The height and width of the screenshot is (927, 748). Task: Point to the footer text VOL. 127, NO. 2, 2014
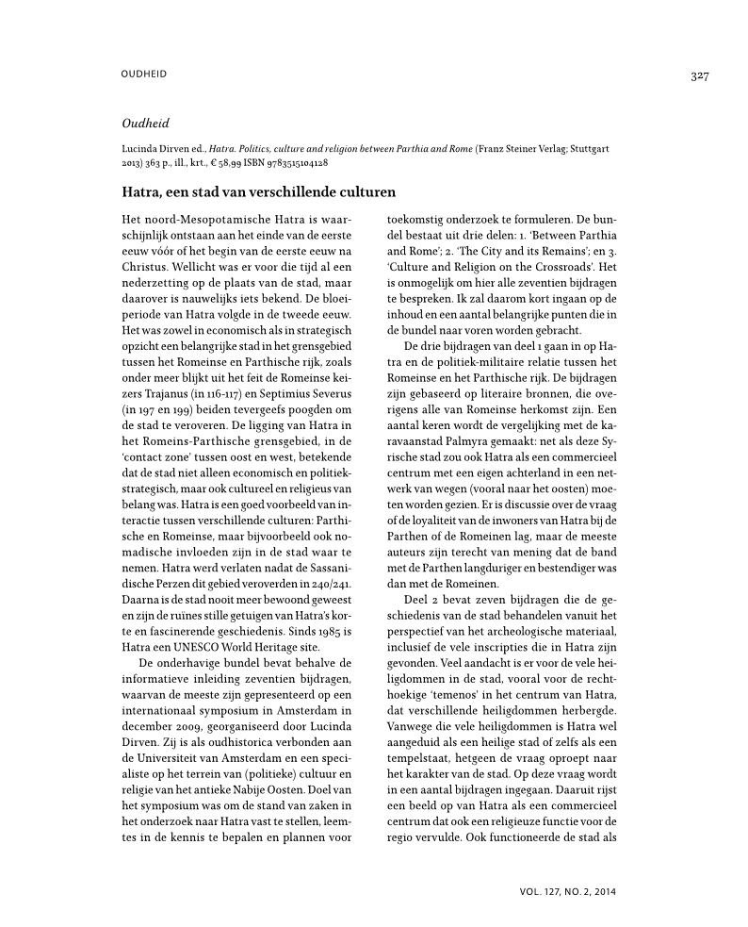(567, 889)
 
